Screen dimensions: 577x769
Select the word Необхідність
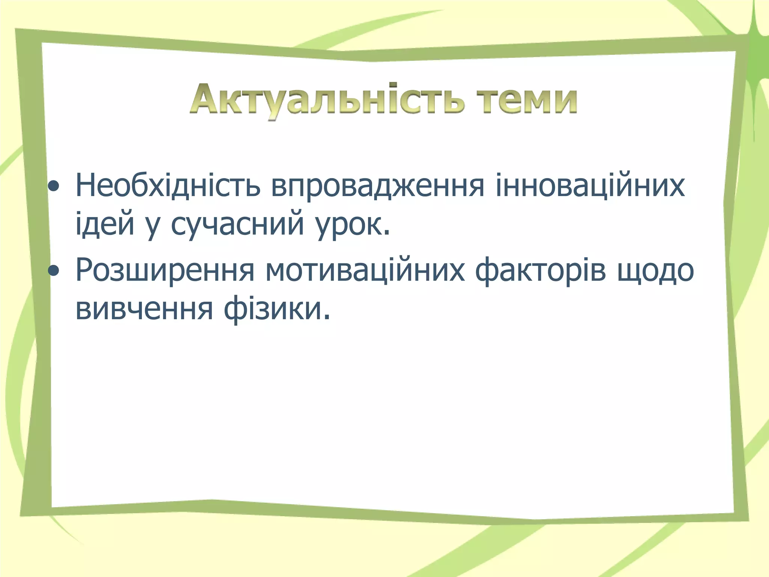point(168,186)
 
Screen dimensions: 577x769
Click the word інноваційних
point(590,186)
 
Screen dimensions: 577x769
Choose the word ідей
point(105,224)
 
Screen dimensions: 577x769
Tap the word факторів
point(540,270)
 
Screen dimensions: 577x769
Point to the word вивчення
point(144,310)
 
